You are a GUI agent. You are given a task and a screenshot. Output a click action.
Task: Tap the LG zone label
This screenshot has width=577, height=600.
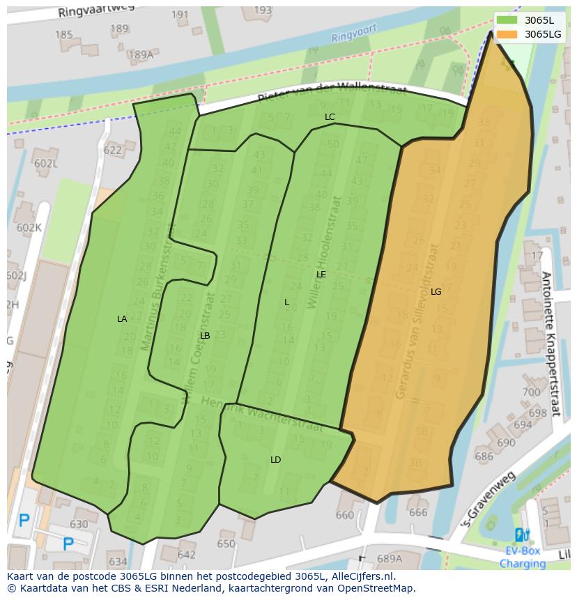(x=436, y=291)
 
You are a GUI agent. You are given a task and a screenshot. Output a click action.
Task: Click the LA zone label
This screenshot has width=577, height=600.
(x=122, y=318)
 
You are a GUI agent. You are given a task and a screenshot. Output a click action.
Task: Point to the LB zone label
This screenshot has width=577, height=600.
(x=205, y=335)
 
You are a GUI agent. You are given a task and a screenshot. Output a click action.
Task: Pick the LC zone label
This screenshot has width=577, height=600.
(x=330, y=116)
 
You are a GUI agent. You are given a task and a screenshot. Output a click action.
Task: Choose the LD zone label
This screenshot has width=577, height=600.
(x=275, y=459)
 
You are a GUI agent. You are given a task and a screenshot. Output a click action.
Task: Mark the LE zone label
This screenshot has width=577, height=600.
(x=321, y=274)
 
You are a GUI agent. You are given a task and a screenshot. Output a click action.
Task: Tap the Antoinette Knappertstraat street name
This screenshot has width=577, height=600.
(x=551, y=343)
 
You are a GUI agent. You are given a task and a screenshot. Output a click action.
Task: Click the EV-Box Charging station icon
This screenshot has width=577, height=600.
(x=521, y=535)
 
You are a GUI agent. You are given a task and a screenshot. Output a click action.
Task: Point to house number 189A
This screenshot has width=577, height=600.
(x=140, y=54)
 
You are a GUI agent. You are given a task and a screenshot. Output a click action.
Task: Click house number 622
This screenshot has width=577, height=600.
(x=112, y=150)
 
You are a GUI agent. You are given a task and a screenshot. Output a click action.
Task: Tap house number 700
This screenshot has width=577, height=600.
(x=531, y=392)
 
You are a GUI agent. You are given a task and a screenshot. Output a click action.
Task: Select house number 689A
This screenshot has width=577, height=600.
(x=389, y=558)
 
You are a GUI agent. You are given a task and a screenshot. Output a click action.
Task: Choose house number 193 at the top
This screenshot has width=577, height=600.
(x=263, y=10)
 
